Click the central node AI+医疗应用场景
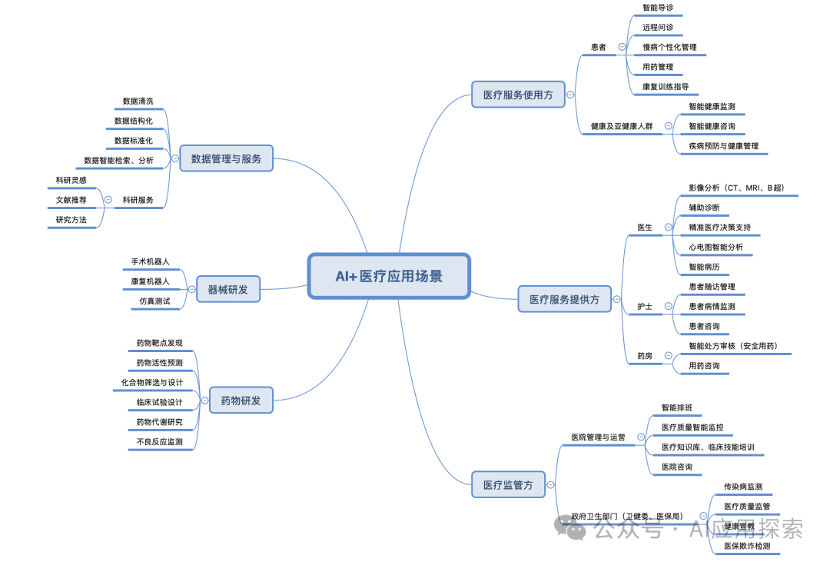(x=389, y=276)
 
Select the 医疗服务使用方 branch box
(x=517, y=95)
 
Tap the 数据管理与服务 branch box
(x=226, y=159)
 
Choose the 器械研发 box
(x=228, y=290)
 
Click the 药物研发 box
(x=241, y=401)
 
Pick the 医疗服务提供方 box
(x=564, y=300)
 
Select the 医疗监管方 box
(x=508, y=484)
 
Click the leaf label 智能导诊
(x=658, y=8)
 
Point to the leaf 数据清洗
(x=138, y=101)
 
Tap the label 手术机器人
(x=150, y=262)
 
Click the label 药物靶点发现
(x=159, y=343)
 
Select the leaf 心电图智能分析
(x=715, y=248)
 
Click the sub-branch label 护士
(x=645, y=307)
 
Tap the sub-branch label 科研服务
(x=138, y=200)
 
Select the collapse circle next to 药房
(x=668, y=356)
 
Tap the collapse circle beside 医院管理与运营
(x=640, y=437)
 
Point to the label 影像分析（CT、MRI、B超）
(x=736, y=188)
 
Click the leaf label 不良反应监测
(x=159, y=442)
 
